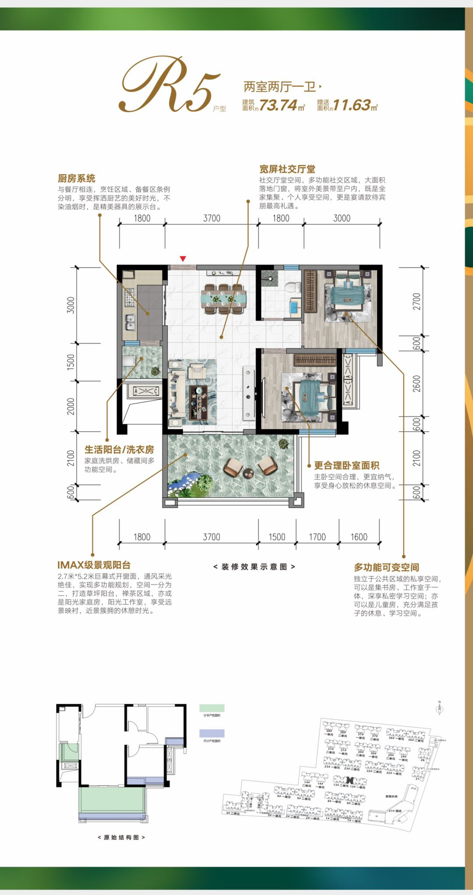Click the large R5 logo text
tap(169, 85)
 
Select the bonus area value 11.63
tap(352, 105)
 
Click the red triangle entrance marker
tap(183, 259)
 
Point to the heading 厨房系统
tap(76, 178)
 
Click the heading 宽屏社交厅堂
tap(287, 169)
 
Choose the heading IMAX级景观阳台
tap(94, 565)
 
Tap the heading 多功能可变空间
tap(386, 567)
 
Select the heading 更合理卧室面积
tap(346, 465)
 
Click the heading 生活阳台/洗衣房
tap(119, 449)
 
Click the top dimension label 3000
tap(342, 218)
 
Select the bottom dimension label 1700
tap(317, 537)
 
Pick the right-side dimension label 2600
tap(416, 384)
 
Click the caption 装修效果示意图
tap(254, 567)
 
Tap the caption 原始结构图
tap(121, 837)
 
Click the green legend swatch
tap(212, 708)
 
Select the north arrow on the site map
tap(440, 708)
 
